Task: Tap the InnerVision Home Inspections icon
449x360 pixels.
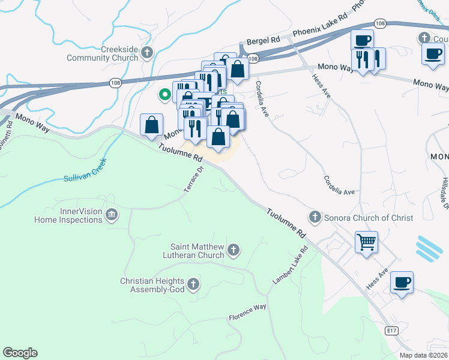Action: coord(111,215)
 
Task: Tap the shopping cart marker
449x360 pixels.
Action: coord(366,242)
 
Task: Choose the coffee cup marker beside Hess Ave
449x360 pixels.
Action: coord(402,281)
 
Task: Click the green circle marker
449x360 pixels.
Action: coord(163,94)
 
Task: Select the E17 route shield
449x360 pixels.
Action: coord(392,331)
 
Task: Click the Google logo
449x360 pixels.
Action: coord(20,353)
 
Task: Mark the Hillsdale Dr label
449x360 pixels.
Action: coord(444,193)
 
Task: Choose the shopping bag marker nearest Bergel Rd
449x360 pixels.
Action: coord(238,68)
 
